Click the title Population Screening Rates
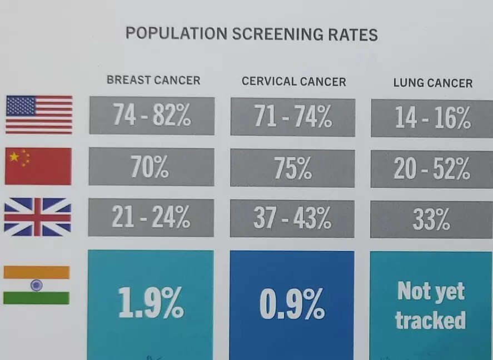tap(251, 34)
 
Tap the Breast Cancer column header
tap(153, 80)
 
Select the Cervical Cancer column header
tap(293, 82)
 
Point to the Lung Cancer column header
tap(432, 83)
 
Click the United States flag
tap(39, 114)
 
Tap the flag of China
tap(38, 166)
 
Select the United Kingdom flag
tap(37, 217)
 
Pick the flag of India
tap(37, 285)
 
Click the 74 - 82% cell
tap(152, 116)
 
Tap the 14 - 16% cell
tap(432, 118)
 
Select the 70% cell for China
tap(151, 167)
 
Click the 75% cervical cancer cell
tap(292, 168)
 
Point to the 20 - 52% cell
tap(432, 169)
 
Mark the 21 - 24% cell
tap(151, 217)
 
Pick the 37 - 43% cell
tap(292, 218)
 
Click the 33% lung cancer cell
tap(431, 219)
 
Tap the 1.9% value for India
tap(151, 303)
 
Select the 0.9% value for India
tap(292, 304)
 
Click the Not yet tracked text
tap(431, 306)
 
